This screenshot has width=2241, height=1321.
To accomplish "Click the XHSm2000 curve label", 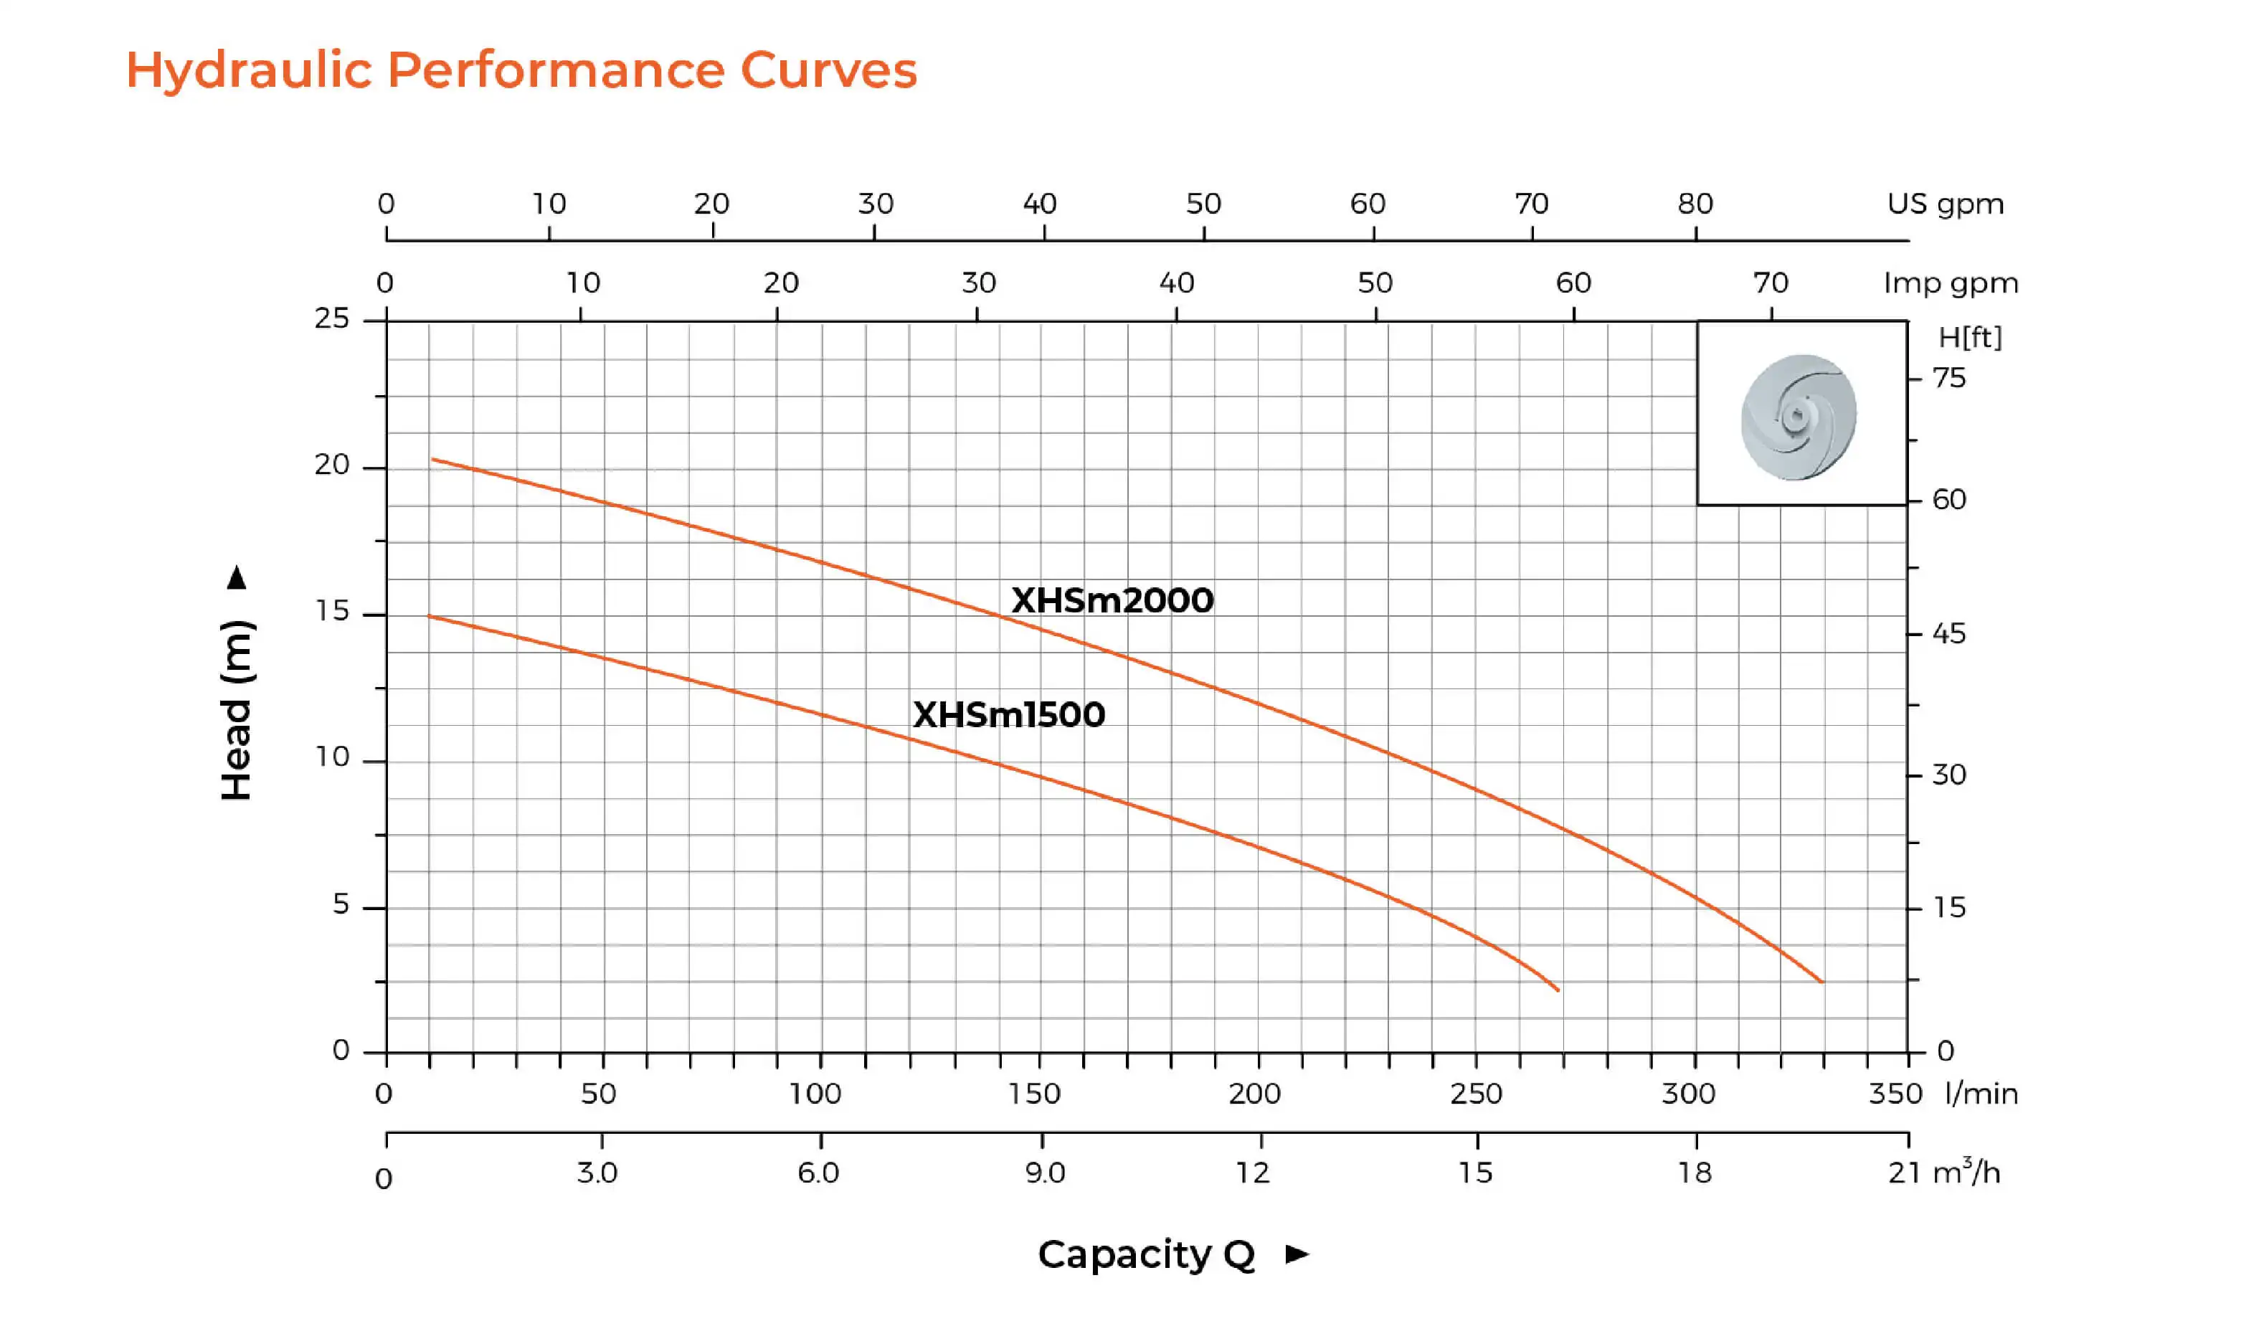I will [1112, 601].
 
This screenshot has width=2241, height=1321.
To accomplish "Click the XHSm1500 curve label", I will [1008, 715].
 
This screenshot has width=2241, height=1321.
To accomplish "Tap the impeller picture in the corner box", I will [1799, 417].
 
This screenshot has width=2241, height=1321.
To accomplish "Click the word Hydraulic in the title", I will [248, 70].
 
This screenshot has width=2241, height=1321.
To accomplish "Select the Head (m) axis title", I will [237, 709].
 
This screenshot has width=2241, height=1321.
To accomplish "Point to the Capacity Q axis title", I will [1146, 1254].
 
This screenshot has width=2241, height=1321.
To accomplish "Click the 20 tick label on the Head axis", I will [332, 465].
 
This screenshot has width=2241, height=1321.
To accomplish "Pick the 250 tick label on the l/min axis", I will [1476, 1093].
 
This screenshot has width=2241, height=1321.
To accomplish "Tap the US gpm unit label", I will [1945, 204].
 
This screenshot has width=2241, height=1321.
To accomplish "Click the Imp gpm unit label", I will [1950, 283].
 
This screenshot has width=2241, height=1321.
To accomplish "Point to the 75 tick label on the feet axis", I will [1948, 379].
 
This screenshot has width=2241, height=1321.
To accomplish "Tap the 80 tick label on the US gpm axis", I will [1695, 204].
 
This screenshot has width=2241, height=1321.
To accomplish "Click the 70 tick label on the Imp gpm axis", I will [1770, 283].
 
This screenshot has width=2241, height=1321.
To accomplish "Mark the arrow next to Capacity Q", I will [1297, 1254].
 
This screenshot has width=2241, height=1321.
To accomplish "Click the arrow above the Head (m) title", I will [237, 578].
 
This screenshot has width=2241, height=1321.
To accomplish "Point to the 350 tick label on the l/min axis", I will [1895, 1093].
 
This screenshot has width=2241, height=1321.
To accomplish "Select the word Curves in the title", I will [828, 70].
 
